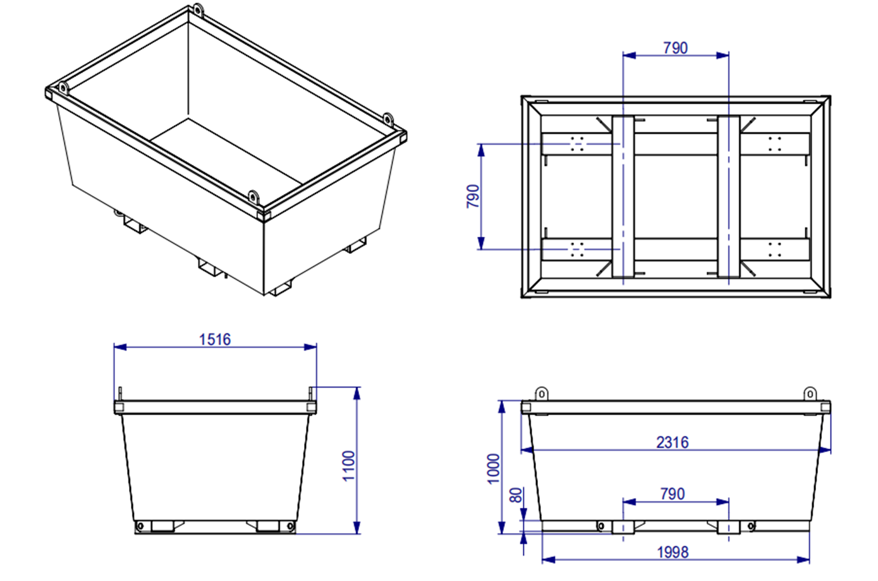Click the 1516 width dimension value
click(215, 339)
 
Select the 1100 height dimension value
click(348, 465)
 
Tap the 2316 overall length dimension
click(672, 442)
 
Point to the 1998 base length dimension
click(672, 552)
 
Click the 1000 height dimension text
click(494, 468)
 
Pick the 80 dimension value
click(516, 494)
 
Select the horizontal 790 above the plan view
click(675, 48)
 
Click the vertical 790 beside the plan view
click(472, 196)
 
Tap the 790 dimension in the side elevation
click(672, 494)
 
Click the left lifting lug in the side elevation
click(541, 394)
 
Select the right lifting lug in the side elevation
click(810, 394)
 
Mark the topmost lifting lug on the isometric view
click(198, 11)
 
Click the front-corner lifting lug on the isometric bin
click(253, 197)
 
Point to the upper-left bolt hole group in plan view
click(576, 143)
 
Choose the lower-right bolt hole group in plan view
click(775, 249)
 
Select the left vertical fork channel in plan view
click(623, 196)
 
